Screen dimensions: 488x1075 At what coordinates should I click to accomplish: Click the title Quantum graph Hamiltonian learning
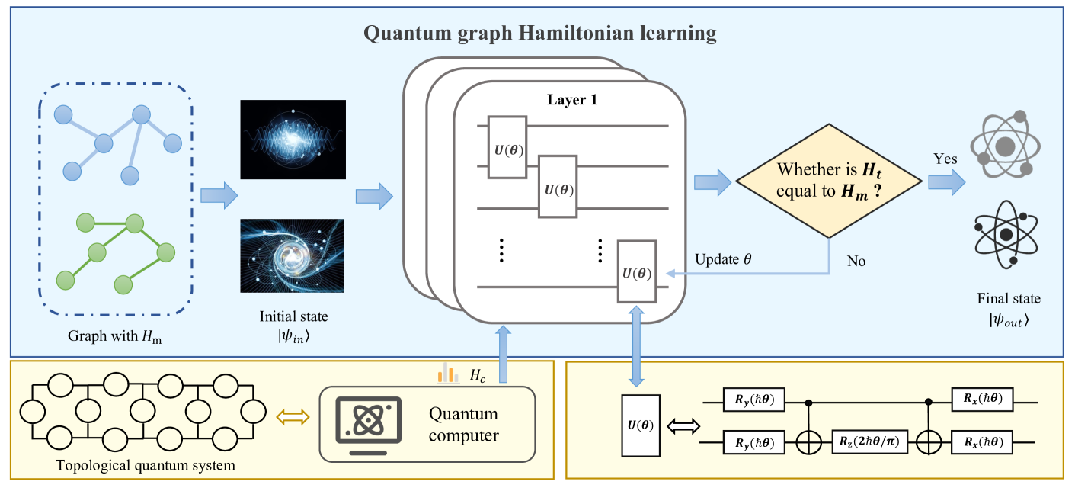point(539,34)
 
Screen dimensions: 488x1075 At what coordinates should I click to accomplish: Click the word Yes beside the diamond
point(945,159)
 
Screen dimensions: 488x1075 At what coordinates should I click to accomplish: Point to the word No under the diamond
point(856,261)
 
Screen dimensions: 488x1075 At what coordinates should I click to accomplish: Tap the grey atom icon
point(1005,144)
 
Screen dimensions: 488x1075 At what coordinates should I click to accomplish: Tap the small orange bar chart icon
point(449,373)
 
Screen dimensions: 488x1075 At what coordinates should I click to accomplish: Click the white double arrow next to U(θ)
point(682,426)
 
